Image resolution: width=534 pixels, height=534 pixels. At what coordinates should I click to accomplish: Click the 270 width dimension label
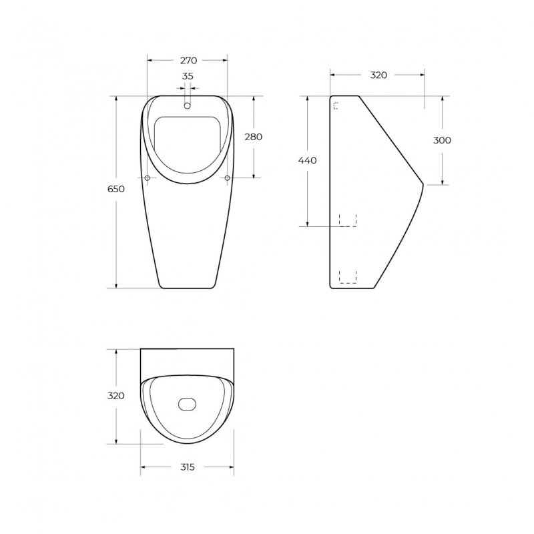pyautogui.click(x=188, y=61)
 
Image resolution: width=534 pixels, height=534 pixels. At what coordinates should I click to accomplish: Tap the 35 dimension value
pyautogui.click(x=188, y=76)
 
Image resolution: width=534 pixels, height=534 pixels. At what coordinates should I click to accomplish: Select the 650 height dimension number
pyautogui.click(x=116, y=189)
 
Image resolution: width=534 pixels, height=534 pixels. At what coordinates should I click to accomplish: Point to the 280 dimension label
pyautogui.click(x=254, y=137)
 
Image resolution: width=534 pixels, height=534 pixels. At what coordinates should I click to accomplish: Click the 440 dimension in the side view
pyautogui.click(x=307, y=160)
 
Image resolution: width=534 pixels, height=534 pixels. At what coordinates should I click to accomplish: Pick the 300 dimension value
pyautogui.click(x=442, y=140)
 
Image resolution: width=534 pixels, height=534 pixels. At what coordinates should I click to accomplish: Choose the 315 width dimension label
pyautogui.click(x=188, y=467)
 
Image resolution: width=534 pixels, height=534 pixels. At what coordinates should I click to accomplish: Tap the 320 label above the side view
pyautogui.click(x=378, y=75)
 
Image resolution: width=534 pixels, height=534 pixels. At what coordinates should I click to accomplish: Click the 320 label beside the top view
pyautogui.click(x=115, y=396)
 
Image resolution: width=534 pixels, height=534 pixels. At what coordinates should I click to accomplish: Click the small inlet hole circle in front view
pyautogui.click(x=187, y=106)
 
